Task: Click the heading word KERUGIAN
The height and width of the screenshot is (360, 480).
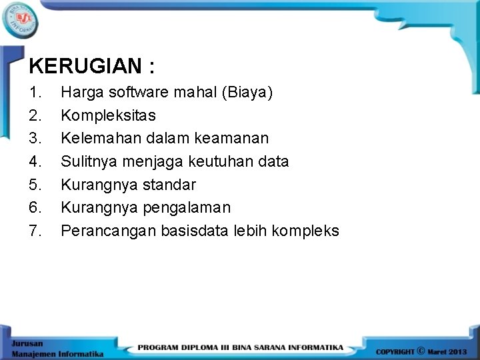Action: [x=85, y=66]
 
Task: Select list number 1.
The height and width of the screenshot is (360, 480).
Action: [x=36, y=92]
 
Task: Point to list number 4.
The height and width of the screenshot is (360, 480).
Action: [x=36, y=161]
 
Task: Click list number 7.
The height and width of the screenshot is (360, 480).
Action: [x=36, y=231]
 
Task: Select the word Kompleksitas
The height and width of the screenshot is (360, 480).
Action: [x=108, y=115]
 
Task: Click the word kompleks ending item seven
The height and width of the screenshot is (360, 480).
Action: [x=307, y=231]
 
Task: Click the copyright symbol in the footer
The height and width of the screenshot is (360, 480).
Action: [x=421, y=349]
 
